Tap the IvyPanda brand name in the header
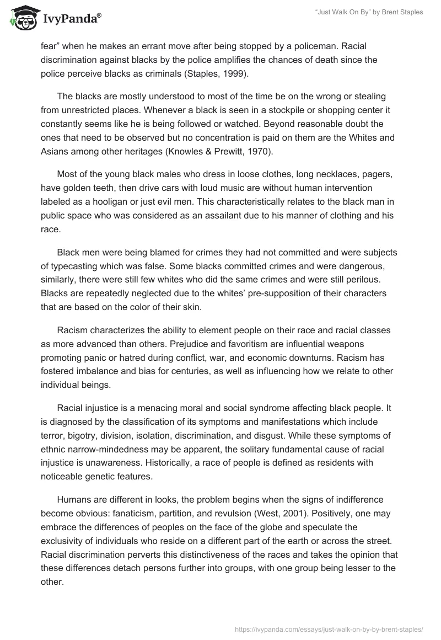72,20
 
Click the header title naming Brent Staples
369,13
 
